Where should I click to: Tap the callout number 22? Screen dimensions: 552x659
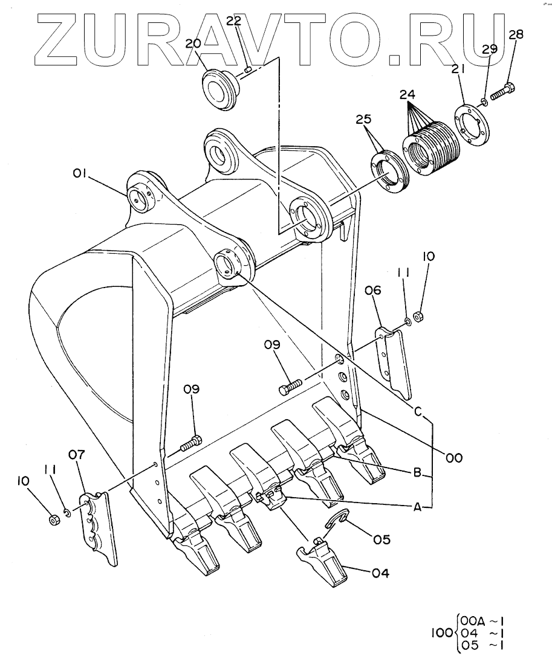[235, 21]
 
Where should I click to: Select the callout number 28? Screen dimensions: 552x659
[515, 34]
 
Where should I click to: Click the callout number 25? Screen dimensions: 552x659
[364, 120]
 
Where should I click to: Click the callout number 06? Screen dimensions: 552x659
[373, 290]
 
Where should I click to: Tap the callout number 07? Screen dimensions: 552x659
[77, 454]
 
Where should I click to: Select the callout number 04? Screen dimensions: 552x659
[380, 573]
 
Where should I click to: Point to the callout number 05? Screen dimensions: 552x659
[382, 539]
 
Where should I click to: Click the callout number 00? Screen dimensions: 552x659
[455, 457]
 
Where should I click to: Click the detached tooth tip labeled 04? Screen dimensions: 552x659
[323, 563]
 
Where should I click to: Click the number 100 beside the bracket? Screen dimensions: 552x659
[442, 632]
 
